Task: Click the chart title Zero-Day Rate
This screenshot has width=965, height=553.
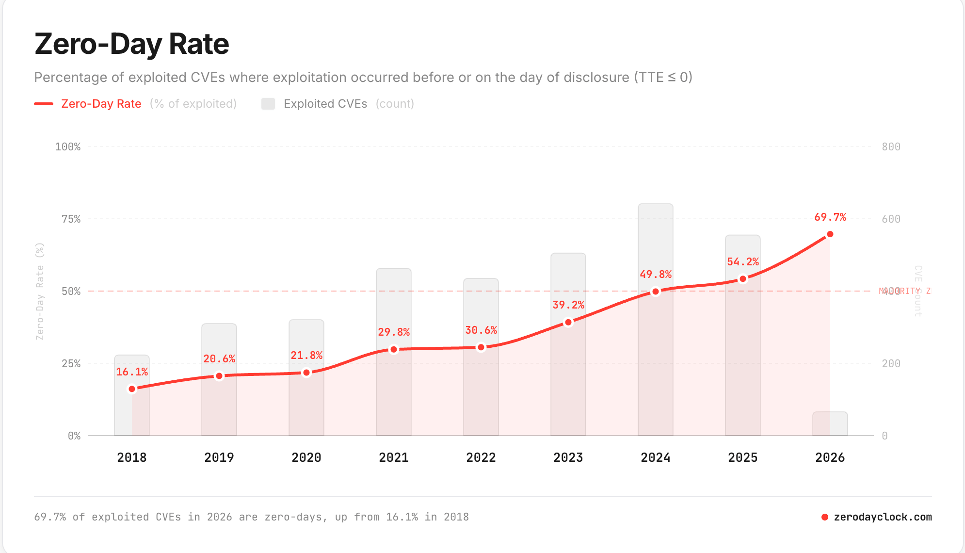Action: (x=131, y=44)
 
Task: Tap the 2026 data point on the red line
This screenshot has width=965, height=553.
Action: (x=830, y=234)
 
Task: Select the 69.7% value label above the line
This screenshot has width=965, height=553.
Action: (x=830, y=217)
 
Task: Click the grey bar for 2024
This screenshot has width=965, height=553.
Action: (x=655, y=243)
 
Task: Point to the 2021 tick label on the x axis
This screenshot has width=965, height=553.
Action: (x=393, y=457)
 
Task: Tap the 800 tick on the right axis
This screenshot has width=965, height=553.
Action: (x=891, y=146)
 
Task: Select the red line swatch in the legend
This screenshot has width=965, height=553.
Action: (x=44, y=104)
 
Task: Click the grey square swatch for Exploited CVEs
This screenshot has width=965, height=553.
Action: (x=268, y=104)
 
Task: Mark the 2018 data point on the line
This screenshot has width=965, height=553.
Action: (x=132, y=389)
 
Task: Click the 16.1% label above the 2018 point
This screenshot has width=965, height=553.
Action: (x=132, y=372)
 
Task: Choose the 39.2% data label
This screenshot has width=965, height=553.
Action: (x=568, y=305)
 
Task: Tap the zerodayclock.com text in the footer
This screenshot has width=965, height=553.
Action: (x=883, y=517)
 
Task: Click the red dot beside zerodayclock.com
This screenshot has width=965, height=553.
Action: (x=824, y=517)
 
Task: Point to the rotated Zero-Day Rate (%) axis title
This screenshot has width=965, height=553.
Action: (x=40, y=291)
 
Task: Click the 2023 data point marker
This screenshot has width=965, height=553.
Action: (x=568, y=322)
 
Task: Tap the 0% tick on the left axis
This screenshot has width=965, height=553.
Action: (x=74, y=436)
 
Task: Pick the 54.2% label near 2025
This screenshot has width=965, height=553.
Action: (x=742, y=262)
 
